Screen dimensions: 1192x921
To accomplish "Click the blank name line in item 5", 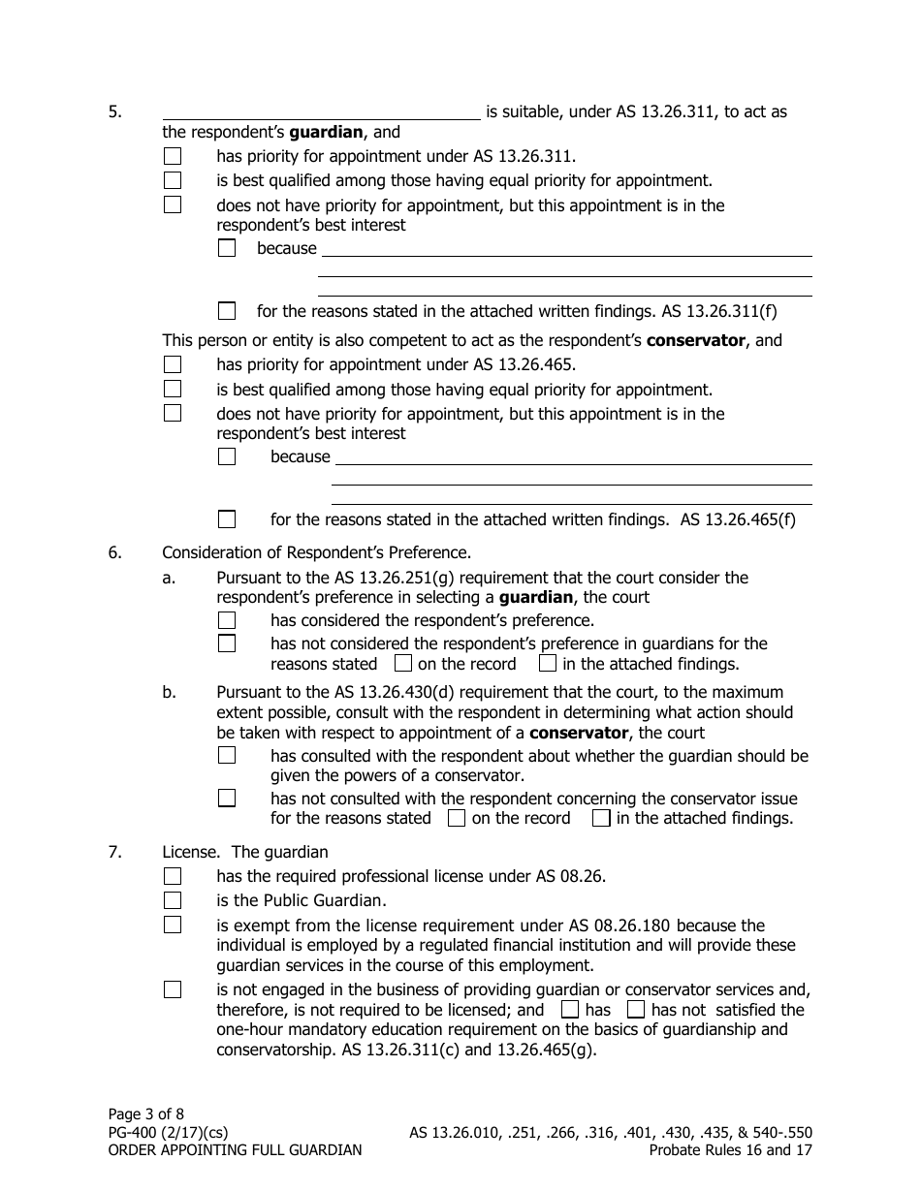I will [x=321, y=112].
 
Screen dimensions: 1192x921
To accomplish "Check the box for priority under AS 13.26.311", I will [x=173, y=156].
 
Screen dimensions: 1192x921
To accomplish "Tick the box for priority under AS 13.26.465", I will [x=173, y=365].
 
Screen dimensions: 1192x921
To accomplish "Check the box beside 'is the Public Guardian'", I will [x=173, y=900].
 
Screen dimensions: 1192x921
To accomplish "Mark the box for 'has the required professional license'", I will [x=173, y=876].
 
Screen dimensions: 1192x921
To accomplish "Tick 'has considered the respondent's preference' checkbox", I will [x=227, y=620].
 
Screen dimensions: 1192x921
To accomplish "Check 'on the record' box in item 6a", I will [x=403, y=664].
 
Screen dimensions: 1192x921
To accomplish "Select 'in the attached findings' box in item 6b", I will [x=601, y=818].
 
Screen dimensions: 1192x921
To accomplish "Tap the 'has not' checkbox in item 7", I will [x=636, y=1010].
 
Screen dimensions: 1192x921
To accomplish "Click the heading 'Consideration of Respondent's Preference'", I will [x=316, y=553].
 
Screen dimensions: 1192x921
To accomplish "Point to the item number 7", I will [x=114, y=853].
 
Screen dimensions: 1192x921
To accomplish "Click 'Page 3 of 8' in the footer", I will [x=144, y=1114].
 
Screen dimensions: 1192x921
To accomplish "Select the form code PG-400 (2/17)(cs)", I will [x=169, y=1132].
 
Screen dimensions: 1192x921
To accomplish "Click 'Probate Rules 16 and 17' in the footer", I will [x=730, y=1150].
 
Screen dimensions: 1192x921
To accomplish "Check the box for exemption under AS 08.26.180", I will [x=173, y=925].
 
